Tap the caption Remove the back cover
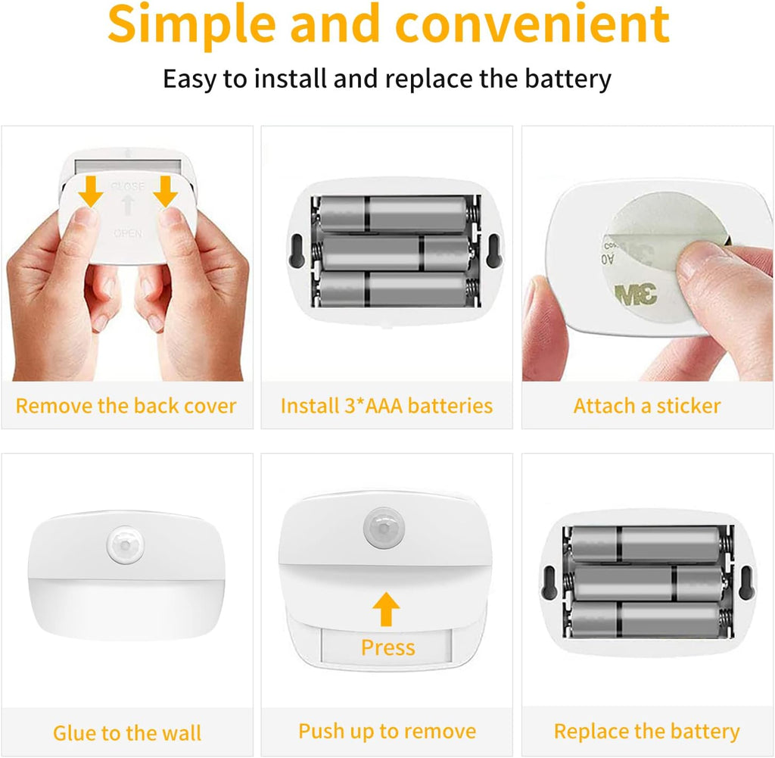click(126, 405)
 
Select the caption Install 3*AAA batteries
click(387, 405)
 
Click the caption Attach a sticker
click(647, 405)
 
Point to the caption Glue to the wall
click(127, 733)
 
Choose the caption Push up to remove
click(387, 731)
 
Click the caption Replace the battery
click(647, 731)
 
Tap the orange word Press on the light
click(388, 647)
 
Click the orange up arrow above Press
click(386, 610)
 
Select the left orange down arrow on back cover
click(91, 192)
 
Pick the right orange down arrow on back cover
click(166, 192)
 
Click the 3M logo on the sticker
click(636, 295)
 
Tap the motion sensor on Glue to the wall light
click(126, 546)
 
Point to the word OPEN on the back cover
click(128, 233)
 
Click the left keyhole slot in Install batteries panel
click(296, 251)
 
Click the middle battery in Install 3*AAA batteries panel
click(394, 253)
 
